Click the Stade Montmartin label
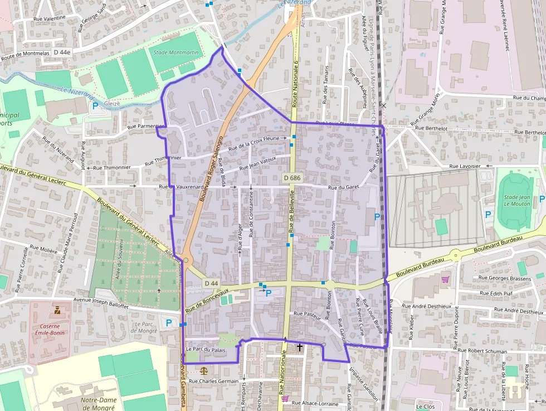pos(175,52)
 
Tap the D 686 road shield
pos(291,178)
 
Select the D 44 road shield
pos(211,283)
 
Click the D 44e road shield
pos(62,52)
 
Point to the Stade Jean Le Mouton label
pos(517,200)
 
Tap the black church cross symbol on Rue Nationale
pos(300,347)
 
